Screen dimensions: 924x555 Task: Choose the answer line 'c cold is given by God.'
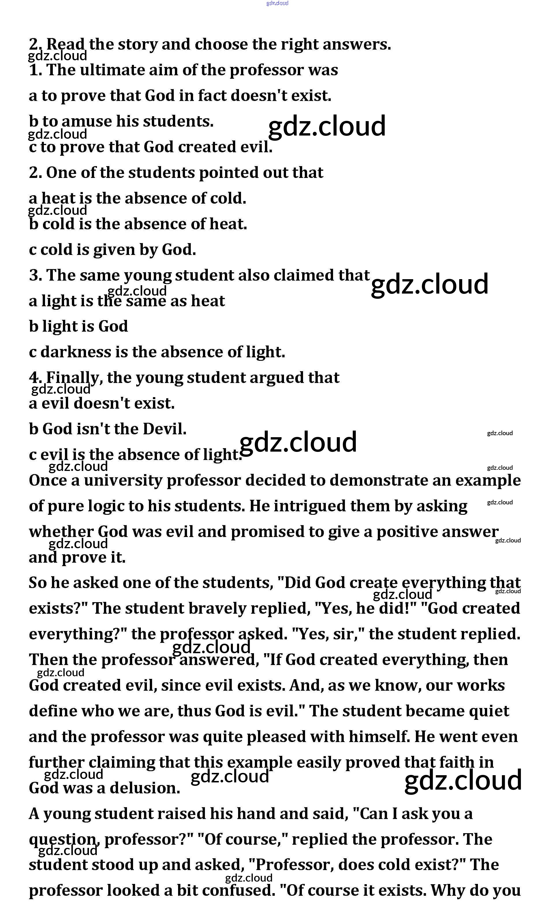(112, 249)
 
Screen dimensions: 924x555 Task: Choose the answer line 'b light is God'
(78, 326)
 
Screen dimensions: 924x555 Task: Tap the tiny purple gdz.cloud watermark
(277, 3)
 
